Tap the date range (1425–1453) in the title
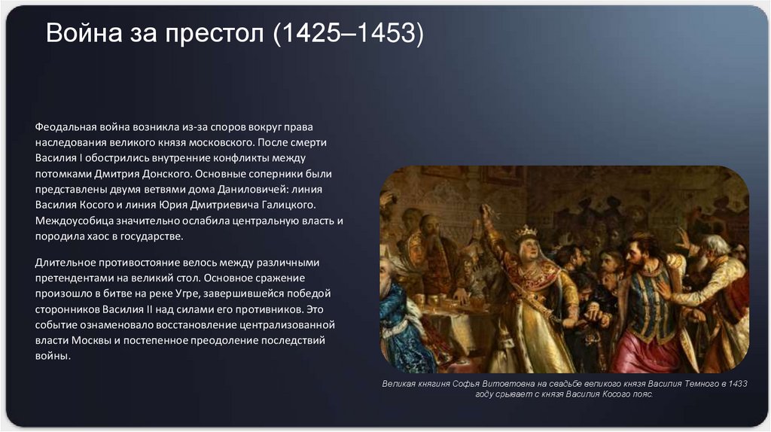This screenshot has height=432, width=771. [348, 34]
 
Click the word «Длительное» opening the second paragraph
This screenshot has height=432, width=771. [65, 262]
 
